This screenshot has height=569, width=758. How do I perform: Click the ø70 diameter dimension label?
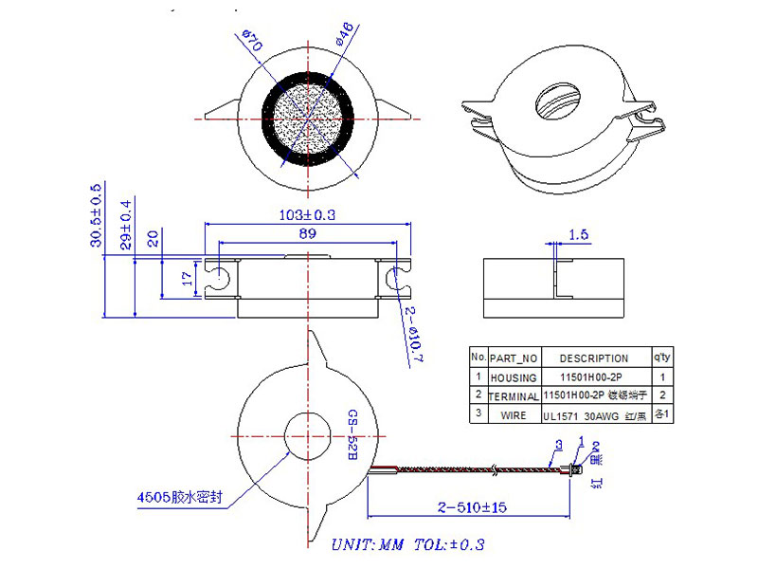pos(252,44)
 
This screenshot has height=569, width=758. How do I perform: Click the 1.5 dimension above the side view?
pos(580,233)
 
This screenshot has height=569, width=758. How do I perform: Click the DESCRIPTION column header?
pos(594,358)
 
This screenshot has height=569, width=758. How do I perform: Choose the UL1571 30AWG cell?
pos(594,414)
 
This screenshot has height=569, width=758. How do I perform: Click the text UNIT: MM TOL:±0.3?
pos(408,545)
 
